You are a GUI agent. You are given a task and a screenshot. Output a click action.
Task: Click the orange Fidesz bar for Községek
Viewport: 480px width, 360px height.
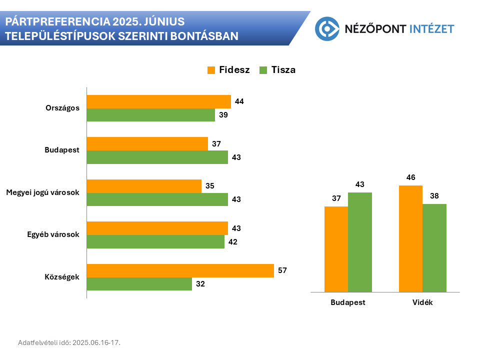click(180, 271)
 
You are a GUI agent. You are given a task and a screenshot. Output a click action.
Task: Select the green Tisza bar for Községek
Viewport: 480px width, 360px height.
click(139, 284)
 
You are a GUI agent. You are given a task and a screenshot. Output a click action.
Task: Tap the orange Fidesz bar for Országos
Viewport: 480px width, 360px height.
click(158, 102)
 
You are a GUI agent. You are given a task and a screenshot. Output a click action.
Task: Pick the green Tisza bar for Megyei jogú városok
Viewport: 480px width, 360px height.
click(157, 199)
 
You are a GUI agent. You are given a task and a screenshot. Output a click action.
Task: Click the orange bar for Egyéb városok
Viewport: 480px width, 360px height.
click(157, 228)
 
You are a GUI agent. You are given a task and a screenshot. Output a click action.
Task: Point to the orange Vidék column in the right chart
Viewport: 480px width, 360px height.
click(410, 238)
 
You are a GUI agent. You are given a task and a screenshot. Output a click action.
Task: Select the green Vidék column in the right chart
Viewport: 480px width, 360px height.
click(434, 247)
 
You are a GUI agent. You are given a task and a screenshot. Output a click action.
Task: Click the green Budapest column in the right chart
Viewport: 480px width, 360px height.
click(360, 242)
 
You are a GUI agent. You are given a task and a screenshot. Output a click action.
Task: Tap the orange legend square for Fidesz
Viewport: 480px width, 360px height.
click(211, 70)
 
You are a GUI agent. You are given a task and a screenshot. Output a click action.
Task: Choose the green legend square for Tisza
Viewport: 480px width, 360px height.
click(263, 70)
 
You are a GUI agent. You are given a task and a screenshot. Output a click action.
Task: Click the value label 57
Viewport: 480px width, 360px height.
click(283, 270)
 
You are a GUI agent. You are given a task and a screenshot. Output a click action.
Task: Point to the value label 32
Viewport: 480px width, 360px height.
click(200, 284)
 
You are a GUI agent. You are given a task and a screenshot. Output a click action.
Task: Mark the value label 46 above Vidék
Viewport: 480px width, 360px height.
click(410, 177)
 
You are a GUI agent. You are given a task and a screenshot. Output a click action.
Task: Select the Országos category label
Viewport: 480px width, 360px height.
click(62, 108)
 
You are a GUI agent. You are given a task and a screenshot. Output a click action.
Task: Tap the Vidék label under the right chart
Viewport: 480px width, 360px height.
click(422, 302)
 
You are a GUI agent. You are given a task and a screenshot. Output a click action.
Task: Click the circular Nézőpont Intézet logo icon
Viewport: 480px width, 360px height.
click(327, 28)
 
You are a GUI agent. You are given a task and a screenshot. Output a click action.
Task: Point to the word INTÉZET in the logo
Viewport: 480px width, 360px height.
click(431, 28)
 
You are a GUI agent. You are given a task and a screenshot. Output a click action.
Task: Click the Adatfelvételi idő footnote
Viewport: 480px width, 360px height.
click(69, 342)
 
